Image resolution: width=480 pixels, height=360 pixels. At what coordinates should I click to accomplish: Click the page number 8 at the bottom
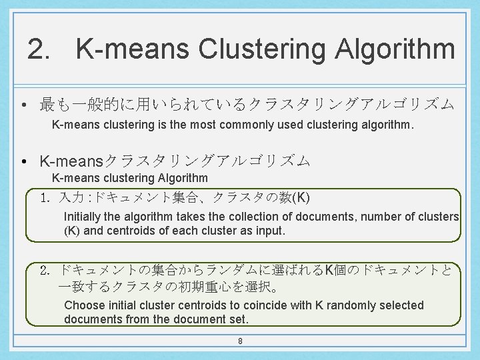240,341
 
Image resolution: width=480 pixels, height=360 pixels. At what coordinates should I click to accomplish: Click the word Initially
85,217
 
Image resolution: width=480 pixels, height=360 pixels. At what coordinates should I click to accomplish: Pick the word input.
271,231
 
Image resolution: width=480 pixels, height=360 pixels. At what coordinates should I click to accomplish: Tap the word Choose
85,305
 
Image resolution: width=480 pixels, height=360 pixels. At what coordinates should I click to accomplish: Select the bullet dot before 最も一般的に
23,105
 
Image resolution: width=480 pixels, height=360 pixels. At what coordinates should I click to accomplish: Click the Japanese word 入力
71,199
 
